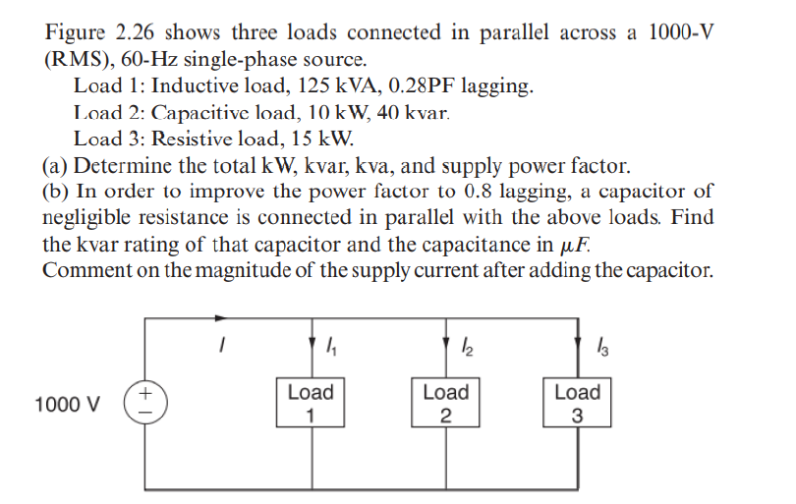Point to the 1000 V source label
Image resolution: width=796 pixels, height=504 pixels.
pos(66,405)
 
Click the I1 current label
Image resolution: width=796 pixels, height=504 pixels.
pos(329,346)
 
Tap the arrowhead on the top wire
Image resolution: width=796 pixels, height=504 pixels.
pos(223,317)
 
